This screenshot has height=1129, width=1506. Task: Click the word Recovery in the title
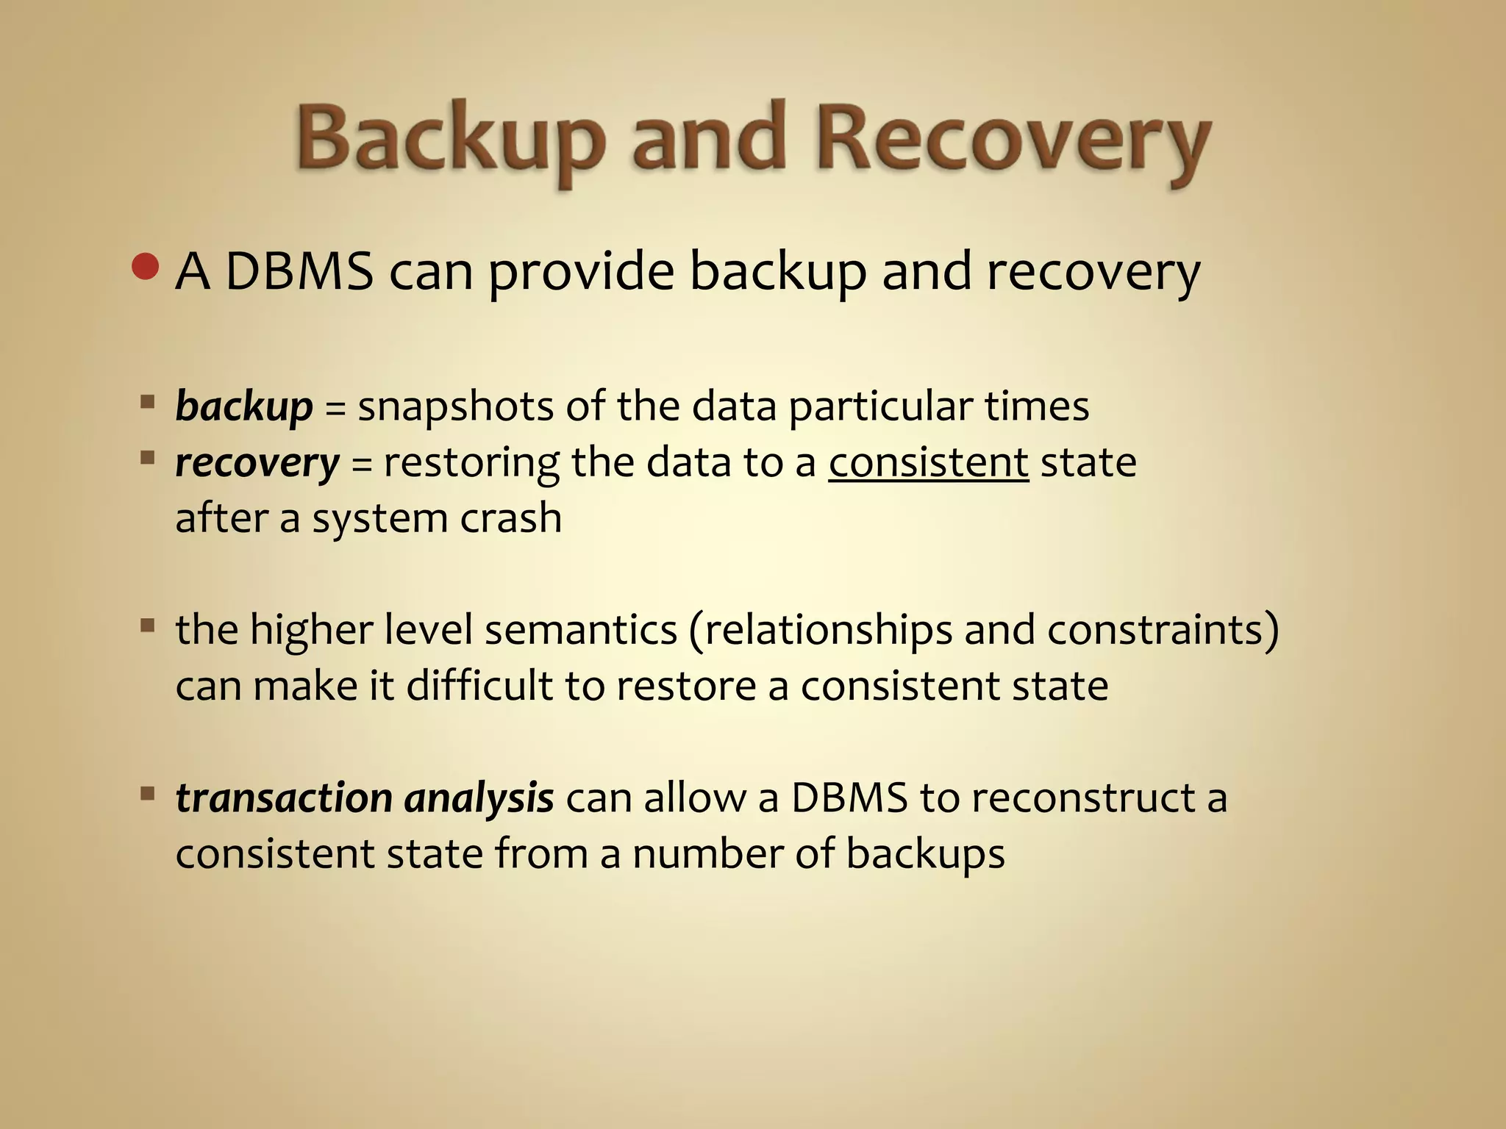coord(1013,140)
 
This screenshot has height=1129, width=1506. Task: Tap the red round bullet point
coord(146,267)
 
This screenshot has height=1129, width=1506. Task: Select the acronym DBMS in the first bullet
coord(299,272)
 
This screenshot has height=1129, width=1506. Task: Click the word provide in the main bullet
coord(580,272)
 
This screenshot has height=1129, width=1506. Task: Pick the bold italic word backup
coord(244,406)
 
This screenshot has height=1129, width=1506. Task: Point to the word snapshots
coord(455,406)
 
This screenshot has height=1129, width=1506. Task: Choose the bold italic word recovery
coord(257,463)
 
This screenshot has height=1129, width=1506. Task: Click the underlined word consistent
coord(928,463)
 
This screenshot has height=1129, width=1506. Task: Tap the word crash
coord(510,518)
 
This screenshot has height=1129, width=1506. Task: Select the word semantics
coord(581,630)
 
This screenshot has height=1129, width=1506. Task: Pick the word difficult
coord(479,686)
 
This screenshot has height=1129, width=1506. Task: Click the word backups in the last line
coord(925,854)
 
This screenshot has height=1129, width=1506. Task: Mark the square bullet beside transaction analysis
coord(148,793)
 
